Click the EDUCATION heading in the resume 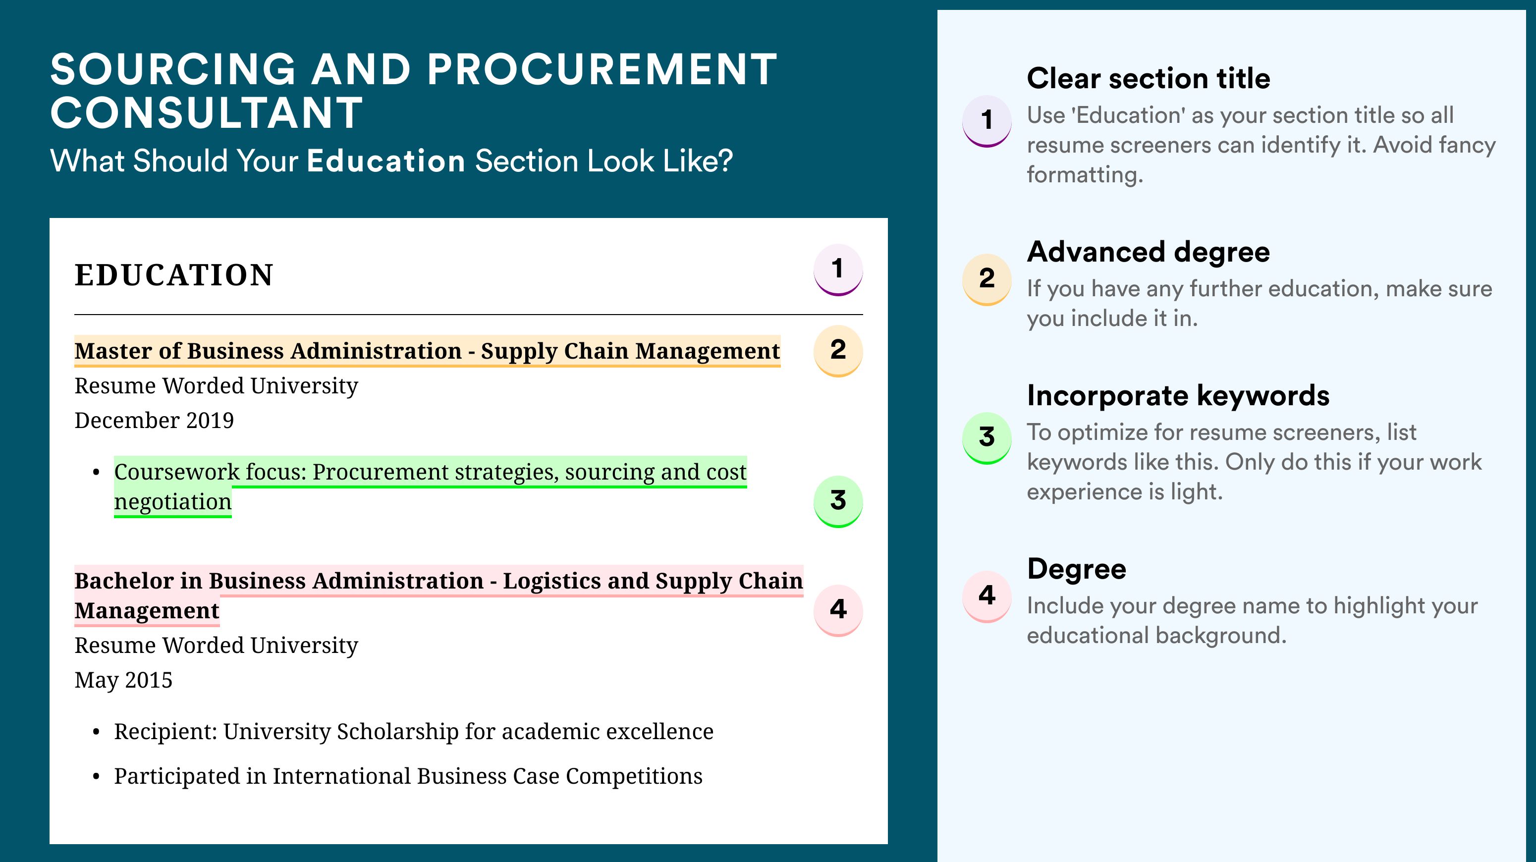pos(173,275)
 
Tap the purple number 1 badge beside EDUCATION pos(838,269)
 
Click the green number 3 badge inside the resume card pos(838,501)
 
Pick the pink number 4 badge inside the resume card pos(838,610)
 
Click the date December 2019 pos(154,420)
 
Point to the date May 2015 pos(123,680)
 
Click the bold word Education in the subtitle pos(386,161)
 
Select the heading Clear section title pos(1149,78)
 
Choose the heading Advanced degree pos(1149,252)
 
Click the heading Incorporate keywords pos(1178,396)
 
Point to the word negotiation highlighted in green pos(173,502)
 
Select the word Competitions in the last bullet pos(634,777)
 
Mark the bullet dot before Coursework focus pos(97,473)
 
